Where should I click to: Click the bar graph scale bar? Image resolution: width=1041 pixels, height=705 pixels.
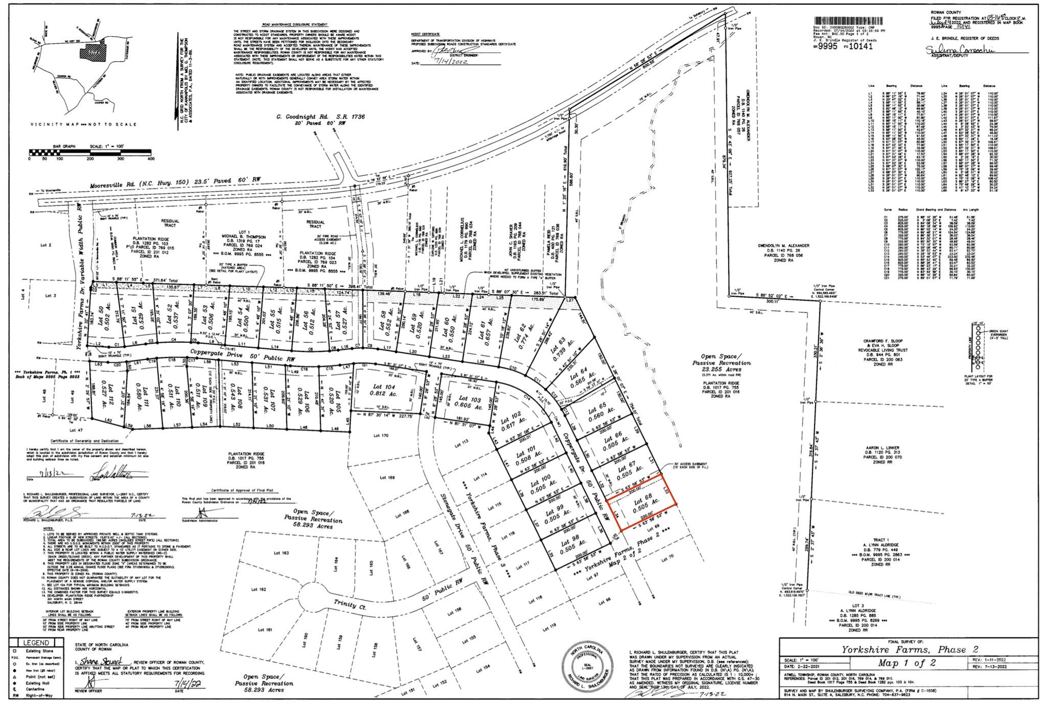[90, 152]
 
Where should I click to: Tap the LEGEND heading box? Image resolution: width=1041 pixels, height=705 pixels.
[37, 643]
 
